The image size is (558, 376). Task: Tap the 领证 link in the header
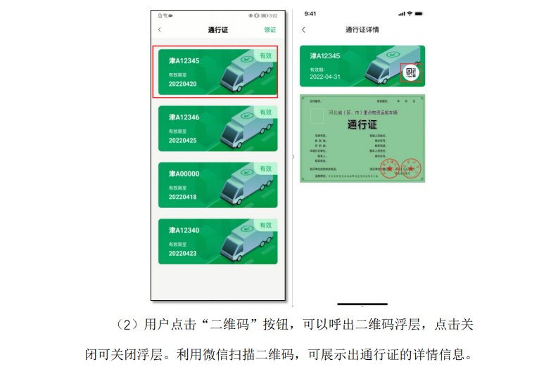pos(270,30)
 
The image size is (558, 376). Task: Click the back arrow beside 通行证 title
pos(160,30)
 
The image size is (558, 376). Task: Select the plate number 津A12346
pos(184,117)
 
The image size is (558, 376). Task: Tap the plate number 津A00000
pos(184,174)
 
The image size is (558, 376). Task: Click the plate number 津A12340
pos(184,230)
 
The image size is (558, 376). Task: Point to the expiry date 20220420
pos(182,84)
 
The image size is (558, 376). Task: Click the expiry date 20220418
pos(182,197)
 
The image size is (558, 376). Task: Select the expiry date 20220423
pos(182,253)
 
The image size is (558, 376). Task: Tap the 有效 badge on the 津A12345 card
pos(265,56)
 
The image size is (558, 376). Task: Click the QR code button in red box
pos(411,72)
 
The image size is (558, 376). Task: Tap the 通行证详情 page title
pos(362,30)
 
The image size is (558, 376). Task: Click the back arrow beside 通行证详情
pos(304,30)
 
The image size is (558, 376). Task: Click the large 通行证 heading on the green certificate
pos(362,125)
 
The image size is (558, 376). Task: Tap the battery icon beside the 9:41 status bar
pos(419,13)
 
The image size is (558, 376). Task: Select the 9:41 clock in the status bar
pos(310,13)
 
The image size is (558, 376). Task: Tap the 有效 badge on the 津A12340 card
pos(265,225)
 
